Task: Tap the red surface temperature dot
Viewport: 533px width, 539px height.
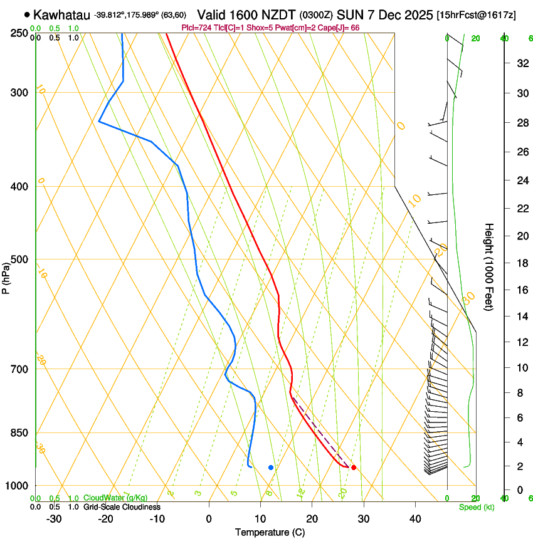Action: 354,468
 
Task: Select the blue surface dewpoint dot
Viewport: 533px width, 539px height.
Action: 271,468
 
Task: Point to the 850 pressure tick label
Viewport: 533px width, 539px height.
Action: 18,433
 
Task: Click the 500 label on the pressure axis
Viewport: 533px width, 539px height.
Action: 18,259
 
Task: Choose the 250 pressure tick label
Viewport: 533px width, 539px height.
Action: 18,33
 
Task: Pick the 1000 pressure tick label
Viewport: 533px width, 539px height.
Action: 16,486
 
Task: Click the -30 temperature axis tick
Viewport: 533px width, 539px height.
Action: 54,519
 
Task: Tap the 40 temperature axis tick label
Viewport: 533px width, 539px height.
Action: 414,519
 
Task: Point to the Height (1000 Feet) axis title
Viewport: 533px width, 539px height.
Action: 489,266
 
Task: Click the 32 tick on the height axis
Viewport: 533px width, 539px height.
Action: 520,63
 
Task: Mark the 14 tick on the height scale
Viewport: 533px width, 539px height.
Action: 520,317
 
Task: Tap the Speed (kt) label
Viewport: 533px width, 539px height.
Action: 477,507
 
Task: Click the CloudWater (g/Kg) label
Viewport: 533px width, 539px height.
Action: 115,498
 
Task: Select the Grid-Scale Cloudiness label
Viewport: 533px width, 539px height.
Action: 122,507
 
